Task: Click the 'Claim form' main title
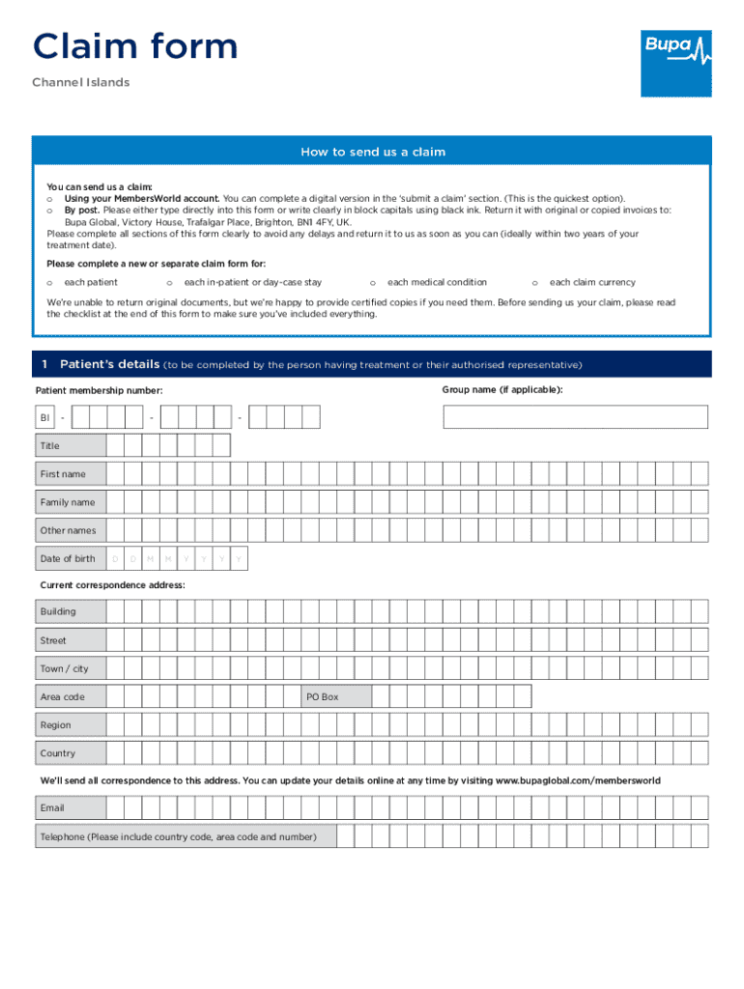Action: pyautogui.click(x=135, y=46)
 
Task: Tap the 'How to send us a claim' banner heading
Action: pyautogui.click(x=372, y=152)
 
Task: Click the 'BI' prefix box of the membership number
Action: pyautogui.click(x=44, y=417)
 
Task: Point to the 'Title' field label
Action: pyautogui.click(x=49, y=446)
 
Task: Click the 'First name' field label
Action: pyautogui.click(x=63, y=474)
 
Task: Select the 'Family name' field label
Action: pyautogui.click(x=68, y=502)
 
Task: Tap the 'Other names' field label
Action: pyautogui.click(x=68, y=530)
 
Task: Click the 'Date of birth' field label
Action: pyautogui.click(x=68, y=558)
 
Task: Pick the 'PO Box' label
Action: pyautogui.click(x=323, y=696)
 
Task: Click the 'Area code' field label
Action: pyautogui.click(x=62, y=696)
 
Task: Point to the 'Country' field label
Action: pyautogui.click(x=57, y=753)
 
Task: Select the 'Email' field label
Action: pyautogui.click(x=52, y=808)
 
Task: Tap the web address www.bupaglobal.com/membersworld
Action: pyautogui.click(x=578, y=779)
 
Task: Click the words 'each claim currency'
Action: pyautogui.click(x=592, y=282)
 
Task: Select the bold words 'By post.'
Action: pyautogui.click(x=82, y=210)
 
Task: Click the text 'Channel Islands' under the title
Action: pyautogui.click(x=81, y=83)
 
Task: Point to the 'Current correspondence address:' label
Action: pyautogui.click(x=112, y=585)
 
